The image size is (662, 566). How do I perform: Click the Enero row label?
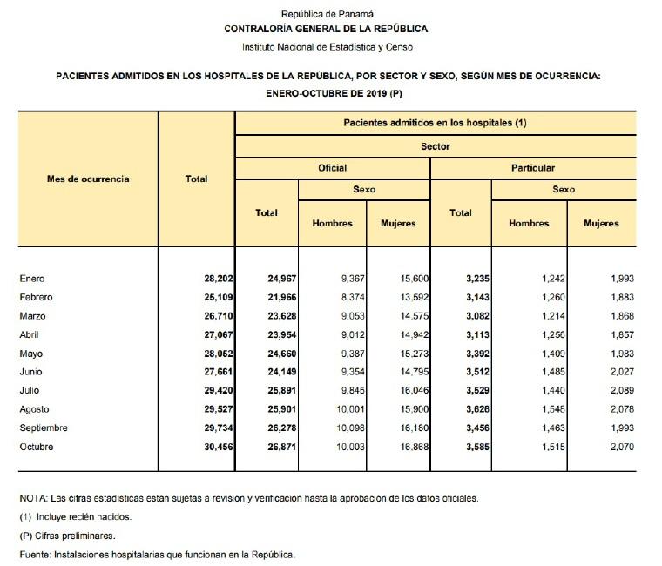(31, 279)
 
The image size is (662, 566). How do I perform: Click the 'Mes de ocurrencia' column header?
(88, 179)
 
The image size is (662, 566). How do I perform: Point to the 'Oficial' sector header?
(333, 167)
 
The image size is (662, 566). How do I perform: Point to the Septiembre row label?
(44, 428)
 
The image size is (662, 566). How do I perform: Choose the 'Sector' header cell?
(435, 146)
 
